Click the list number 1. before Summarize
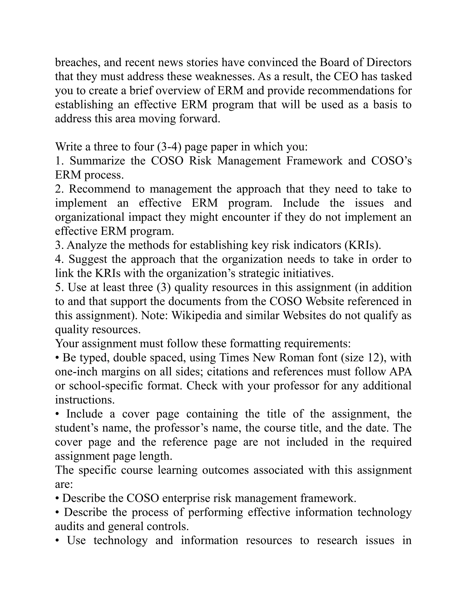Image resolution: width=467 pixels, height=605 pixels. pos(59,161)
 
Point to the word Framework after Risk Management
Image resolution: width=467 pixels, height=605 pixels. pos(314,161)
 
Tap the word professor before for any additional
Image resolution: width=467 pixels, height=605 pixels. pos(296,386)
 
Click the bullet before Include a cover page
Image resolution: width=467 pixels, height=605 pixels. pos(57,414)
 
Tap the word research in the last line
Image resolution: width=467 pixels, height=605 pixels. pos(337,540)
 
